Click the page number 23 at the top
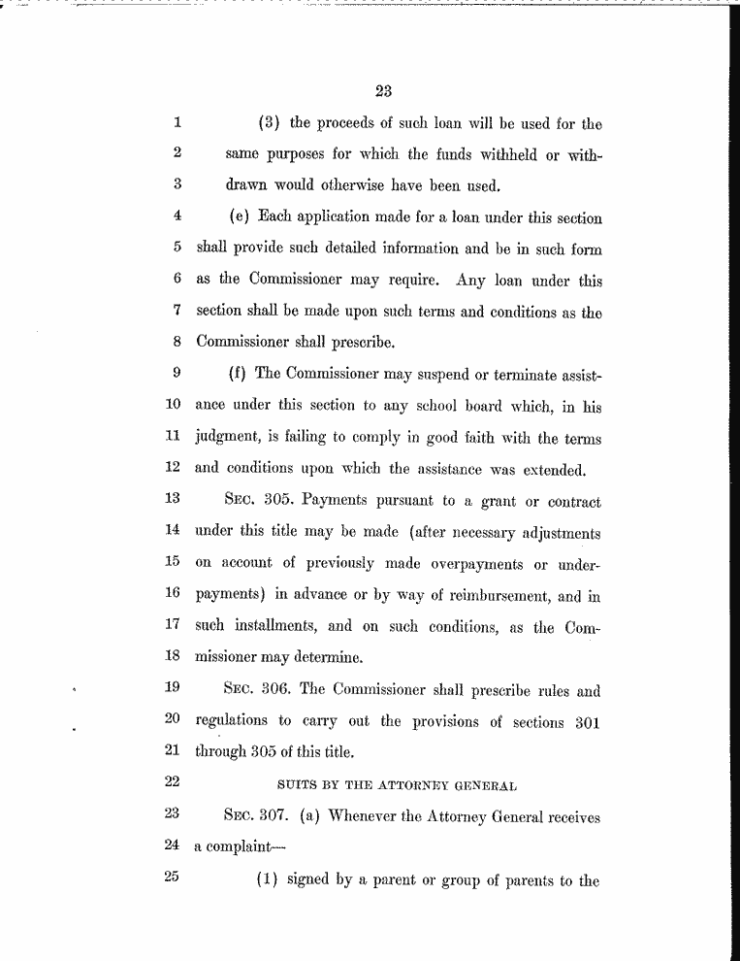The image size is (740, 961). [382, 92]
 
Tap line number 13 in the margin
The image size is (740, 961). [174, 502]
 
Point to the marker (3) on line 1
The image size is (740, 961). [269, 124]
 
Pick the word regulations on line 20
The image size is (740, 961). [234, 722]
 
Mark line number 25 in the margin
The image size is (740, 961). [174, 878]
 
